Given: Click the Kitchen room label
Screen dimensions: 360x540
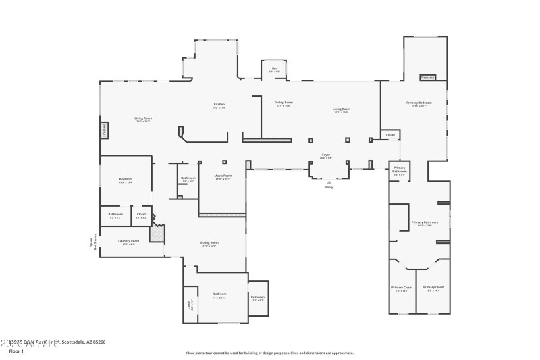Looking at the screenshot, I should pos(219,105).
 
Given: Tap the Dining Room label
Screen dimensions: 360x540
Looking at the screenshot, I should pos(283,103).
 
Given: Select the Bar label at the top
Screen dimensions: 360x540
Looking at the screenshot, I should pos(274,69).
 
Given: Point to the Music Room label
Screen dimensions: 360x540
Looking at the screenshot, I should pos(223,177).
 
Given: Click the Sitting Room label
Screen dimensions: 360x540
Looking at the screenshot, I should pos(209,243).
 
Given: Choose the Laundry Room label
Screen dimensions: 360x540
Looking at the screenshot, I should pos(129,242).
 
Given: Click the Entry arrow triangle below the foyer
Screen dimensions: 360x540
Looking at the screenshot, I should pos(329,182).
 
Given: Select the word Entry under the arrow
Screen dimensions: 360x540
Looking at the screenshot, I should pos(329,187).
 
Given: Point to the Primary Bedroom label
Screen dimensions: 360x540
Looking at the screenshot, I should pos(418,104).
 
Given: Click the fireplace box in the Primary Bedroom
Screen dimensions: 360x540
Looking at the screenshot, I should pos(427,78).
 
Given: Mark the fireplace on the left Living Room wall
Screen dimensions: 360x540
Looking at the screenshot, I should pos(105,130).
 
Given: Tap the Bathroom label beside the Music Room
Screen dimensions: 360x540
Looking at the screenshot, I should pos(188,179).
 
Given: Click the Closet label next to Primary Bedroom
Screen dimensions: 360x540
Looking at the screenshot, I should pos(390,135).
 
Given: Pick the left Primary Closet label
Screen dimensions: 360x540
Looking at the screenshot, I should pos(402,288).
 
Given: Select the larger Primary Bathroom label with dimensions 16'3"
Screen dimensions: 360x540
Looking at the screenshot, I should pos(425,223).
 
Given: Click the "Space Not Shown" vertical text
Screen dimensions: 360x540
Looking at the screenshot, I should pos(93,242).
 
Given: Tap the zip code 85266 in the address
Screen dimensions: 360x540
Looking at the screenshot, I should pos(98,342).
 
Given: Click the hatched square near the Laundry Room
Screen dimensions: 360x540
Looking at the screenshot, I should pos(157,234).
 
